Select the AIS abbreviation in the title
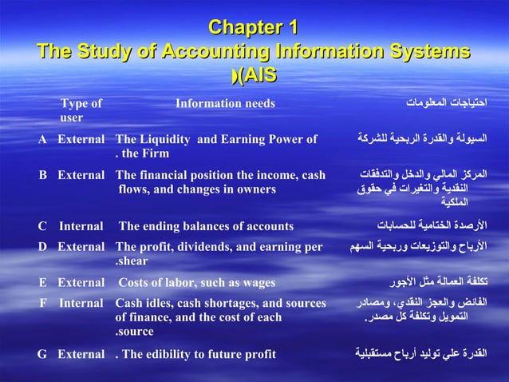tap(257, 75)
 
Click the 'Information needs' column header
tap(225, 103)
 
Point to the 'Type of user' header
tap(81, 110)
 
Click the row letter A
tap(42, 139)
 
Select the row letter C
tap(42, 226)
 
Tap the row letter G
tap(42, 354)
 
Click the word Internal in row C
tap(81, 226)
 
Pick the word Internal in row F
tap(81, 303)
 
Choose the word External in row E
tap(81, 282)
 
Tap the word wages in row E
tap(259, 282)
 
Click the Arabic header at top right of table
tap(446, 103)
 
